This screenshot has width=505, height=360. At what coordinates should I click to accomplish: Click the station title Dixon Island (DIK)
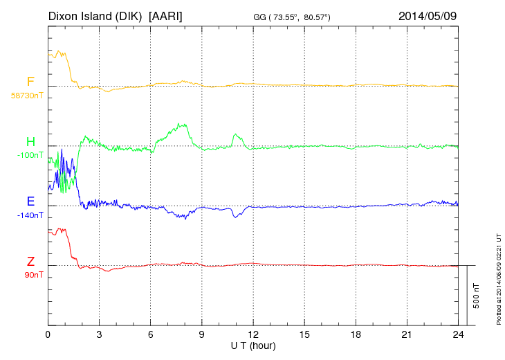pyautogui.click(x=95, y=15)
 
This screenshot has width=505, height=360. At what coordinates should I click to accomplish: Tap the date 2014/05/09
pyautogui.click(x=427, y=15)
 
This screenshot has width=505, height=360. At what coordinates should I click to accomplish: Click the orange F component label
pyautogui.click(x=30, y=82)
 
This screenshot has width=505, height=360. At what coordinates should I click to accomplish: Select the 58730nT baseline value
pyautogui.click(x=27, y=95)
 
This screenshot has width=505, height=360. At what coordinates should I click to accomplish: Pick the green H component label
pyautogui.click(x=30, y=142)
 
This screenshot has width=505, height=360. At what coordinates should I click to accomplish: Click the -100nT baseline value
pyautogui.click(x=30, y=154)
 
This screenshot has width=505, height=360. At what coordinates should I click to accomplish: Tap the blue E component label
pyautogui.click(x=30, y=201)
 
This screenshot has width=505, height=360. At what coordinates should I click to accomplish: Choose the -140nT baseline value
pyautogui.click(x=30, y=215)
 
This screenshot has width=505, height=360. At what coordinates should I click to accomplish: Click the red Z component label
pyautogui.click(x=30, y=262)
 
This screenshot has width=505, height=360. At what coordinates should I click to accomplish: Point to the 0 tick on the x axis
pyautogui.click(x=48, y=334)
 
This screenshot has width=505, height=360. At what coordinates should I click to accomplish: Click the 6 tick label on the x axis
pyautogui.click(x=150, y=334)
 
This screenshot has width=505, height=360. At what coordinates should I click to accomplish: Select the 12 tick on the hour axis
pyautogui.click(x=253, y=334)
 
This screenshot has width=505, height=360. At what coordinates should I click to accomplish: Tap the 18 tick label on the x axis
pyautogui.click(x=356, y=334)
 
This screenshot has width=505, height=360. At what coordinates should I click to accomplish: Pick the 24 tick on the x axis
pyautogui.click(x=458, y=334)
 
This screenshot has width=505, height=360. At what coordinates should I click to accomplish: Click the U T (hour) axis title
pyautogui.click(x=253, y=345)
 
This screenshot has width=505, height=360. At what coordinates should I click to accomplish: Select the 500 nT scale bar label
pyautogui.click(x=477, y=295)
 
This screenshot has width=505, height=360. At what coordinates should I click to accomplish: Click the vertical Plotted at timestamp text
pyautogui.click(x=498, y=277)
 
